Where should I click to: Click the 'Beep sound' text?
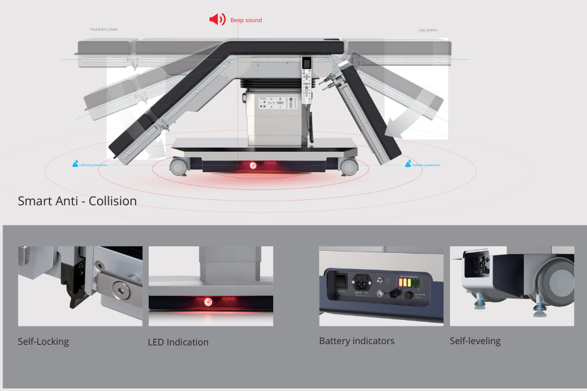pos(246,20)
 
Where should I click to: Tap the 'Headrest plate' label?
pos(104,29)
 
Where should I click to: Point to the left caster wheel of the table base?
pos(177,166)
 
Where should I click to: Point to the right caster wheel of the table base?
pos(349,167)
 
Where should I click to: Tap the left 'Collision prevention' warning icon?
pos(75,164)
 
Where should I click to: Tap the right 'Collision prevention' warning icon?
pos(408,164)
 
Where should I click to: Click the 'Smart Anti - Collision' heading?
pos(77,201)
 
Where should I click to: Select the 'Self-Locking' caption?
pos(43,341)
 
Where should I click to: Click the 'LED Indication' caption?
pos(178,342)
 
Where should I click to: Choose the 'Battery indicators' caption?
pos(356,341)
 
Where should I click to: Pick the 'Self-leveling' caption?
pos(475,341)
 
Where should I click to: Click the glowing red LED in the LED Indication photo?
pos(208,302)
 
